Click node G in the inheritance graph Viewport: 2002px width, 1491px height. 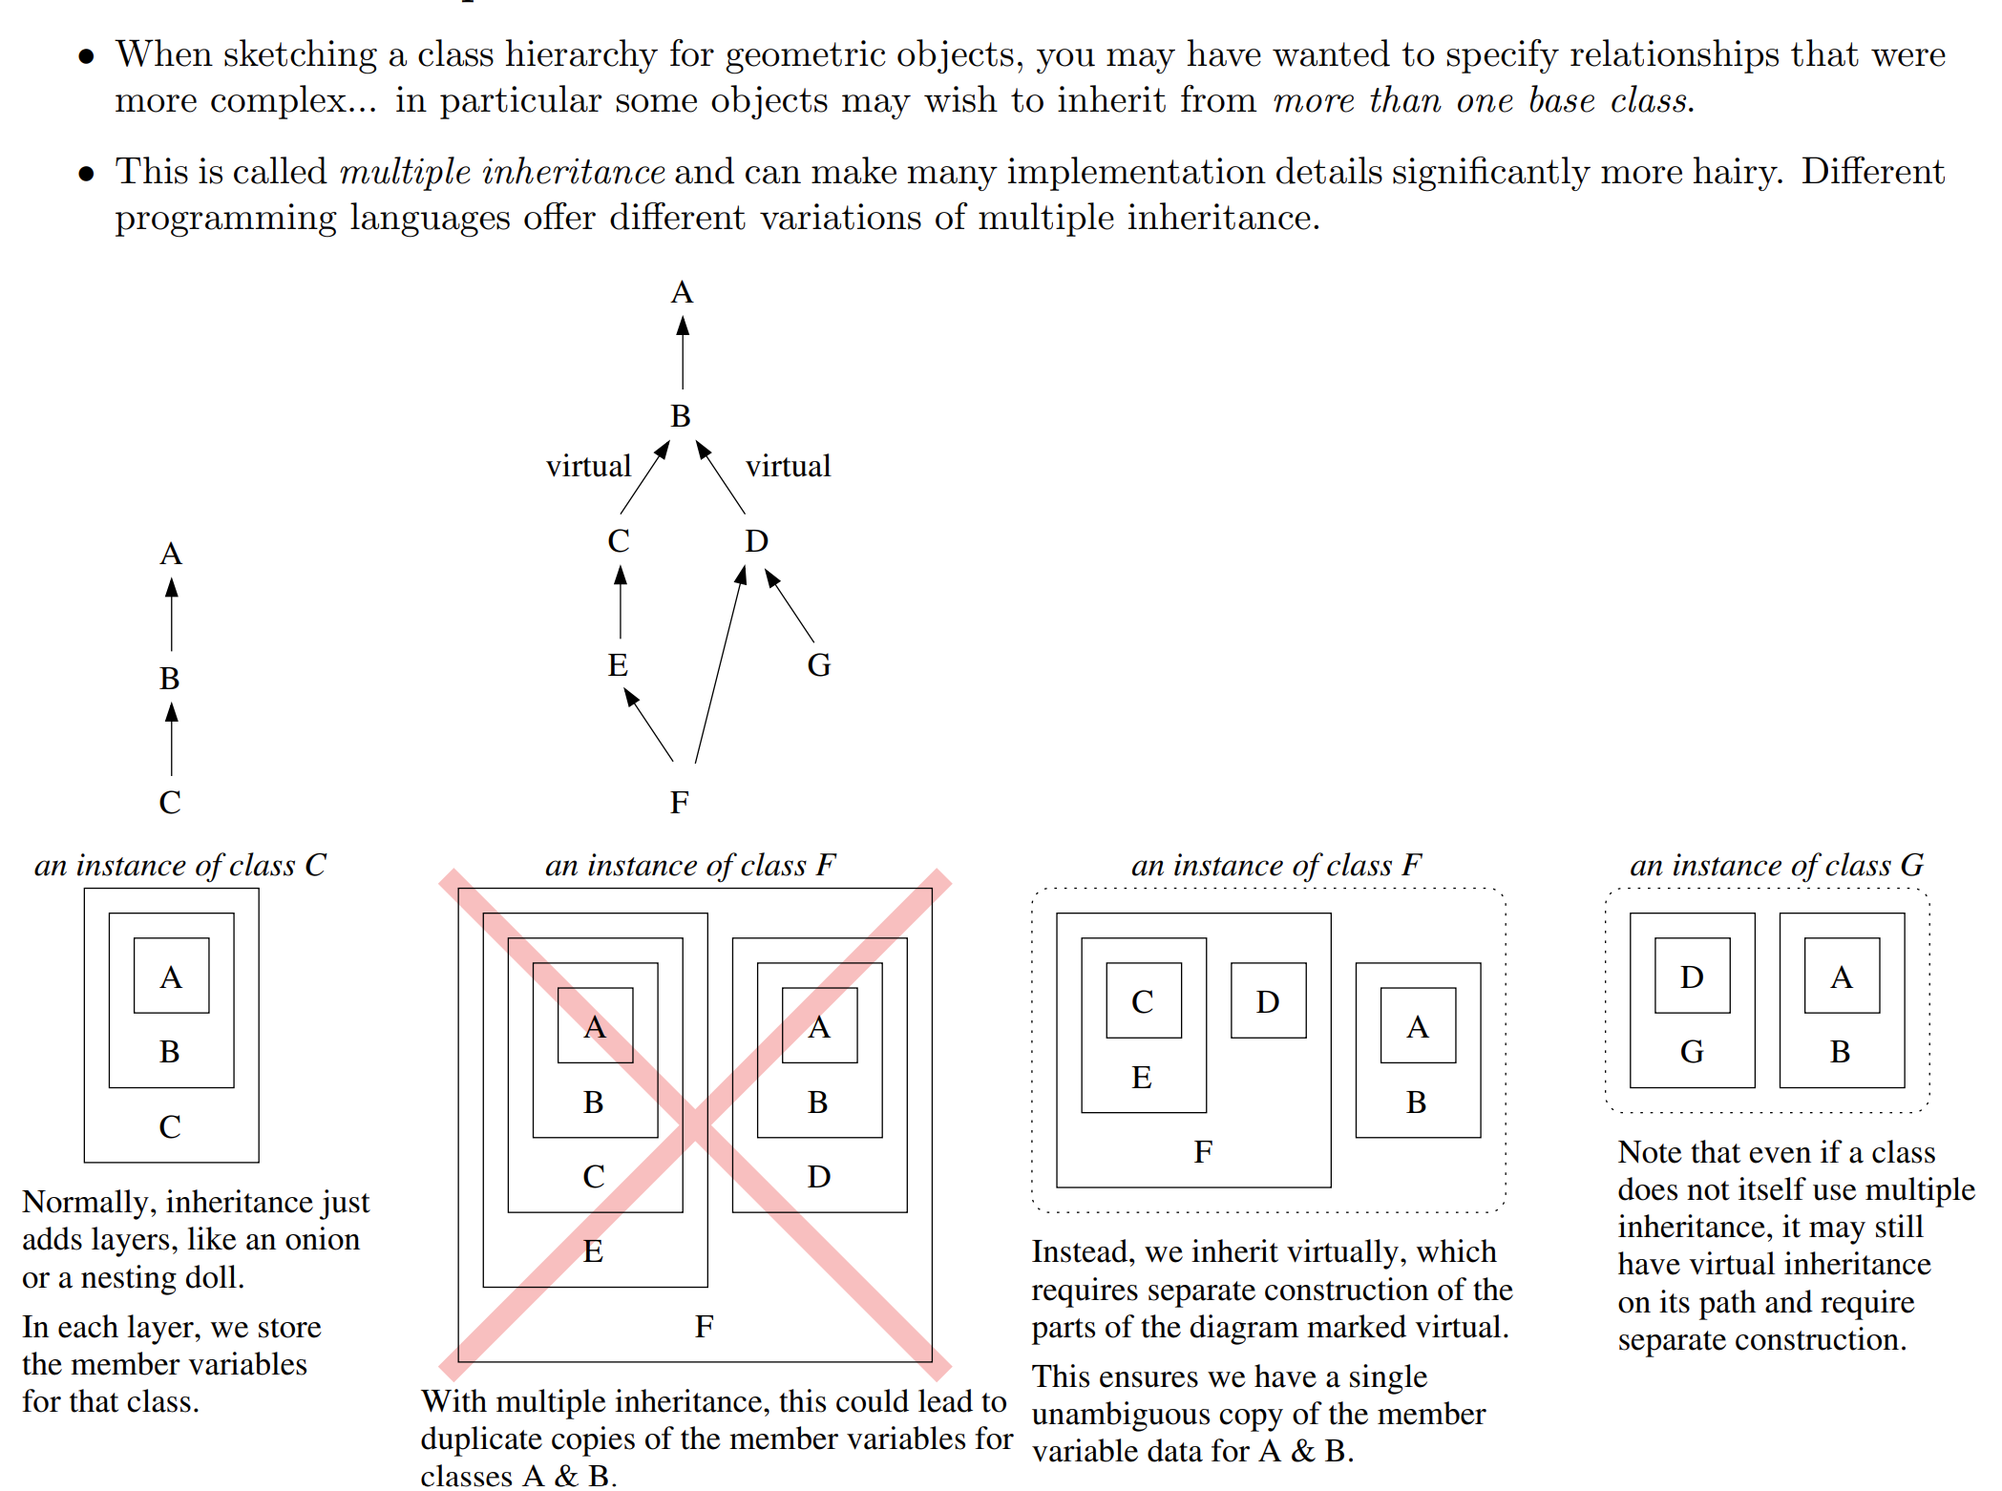818,664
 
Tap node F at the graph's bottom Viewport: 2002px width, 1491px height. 679,802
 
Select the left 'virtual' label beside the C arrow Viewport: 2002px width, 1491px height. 588,466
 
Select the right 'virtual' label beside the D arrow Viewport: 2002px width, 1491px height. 788,466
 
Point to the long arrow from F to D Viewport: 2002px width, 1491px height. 719,665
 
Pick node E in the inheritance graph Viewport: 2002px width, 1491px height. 618,664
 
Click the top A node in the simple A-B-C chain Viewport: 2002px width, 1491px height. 171,554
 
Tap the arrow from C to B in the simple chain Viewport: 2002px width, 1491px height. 172,740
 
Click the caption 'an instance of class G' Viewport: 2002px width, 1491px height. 1776,865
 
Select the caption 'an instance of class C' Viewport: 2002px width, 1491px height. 179,865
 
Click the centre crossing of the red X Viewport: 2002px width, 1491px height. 695,1124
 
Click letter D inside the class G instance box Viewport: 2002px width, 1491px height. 1692,976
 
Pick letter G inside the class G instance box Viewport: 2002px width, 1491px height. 1692,1051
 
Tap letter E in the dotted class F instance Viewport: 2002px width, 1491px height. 1142,1077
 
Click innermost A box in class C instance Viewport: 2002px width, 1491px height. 171,976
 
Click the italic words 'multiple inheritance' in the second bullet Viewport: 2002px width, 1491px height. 502,172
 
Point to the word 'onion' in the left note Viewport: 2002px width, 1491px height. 316,1239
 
